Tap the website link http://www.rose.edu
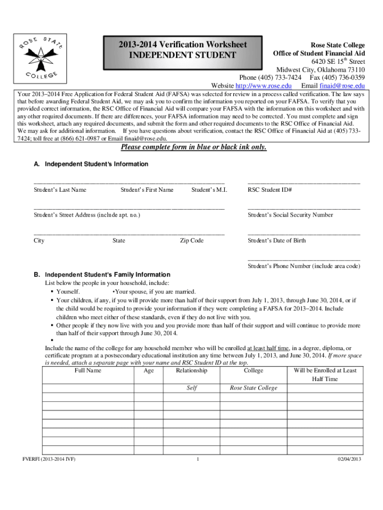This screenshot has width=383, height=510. (263, 85)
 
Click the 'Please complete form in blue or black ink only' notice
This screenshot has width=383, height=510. (194, 147)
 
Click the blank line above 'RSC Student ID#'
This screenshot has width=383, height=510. (303, 183)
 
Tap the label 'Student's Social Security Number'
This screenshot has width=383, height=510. (290, 215)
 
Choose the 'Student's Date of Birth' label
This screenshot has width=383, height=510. (277, 241)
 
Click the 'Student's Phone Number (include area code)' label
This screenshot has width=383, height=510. (304, 266)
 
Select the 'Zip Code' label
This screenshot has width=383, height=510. (191, 241)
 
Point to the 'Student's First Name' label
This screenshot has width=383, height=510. (147, 190)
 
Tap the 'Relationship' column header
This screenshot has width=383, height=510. (191, 371)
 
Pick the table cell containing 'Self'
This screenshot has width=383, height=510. (191, 388)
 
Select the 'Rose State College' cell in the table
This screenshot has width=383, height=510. (254, 388)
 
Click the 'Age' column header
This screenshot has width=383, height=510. (149, 371)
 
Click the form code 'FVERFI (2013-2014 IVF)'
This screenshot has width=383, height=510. (46, 459)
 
